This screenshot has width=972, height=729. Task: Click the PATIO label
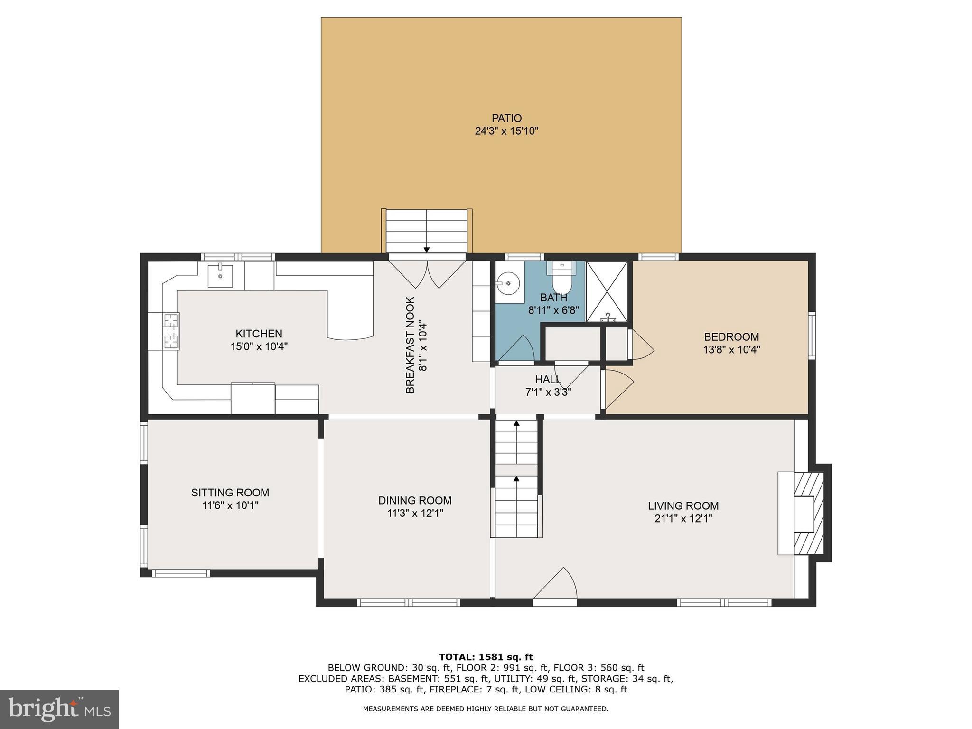pos(506,118)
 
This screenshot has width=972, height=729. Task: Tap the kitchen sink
pos(221,276)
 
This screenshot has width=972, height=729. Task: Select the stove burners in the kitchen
pos(171,331)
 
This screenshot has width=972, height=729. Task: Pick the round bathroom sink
pos(508,283)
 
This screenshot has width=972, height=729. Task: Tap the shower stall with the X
pos(607,291)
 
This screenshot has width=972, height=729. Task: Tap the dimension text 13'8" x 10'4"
pos(731,350)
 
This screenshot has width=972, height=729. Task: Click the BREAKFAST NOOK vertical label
pos(411,345)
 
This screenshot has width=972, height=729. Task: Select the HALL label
pos(548,380)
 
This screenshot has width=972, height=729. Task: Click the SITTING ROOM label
pos(230,493)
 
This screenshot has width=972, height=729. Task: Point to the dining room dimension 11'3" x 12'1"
pos(415,513)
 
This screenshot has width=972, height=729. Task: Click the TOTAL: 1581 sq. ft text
pos(486,657)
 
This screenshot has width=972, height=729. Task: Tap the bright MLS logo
pos(59,709)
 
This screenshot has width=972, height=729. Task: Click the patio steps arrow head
pos(427,250)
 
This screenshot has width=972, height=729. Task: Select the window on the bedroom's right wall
pos(812,335)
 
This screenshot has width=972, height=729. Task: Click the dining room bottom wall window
pos(409,603)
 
